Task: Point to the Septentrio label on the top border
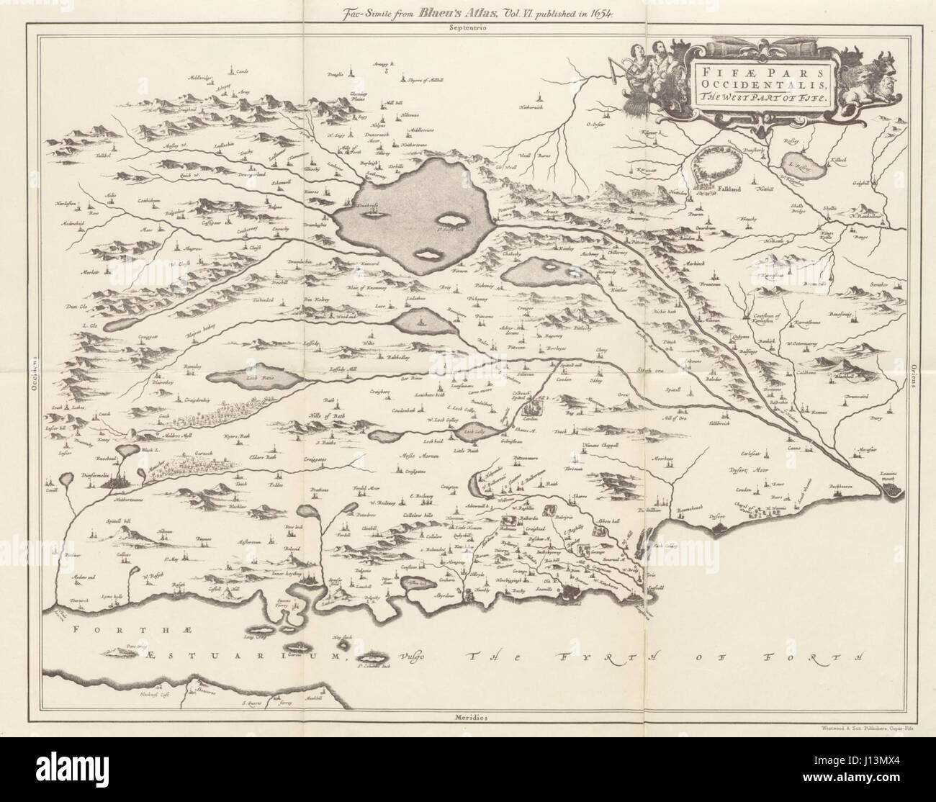click(x=466, y=28)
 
